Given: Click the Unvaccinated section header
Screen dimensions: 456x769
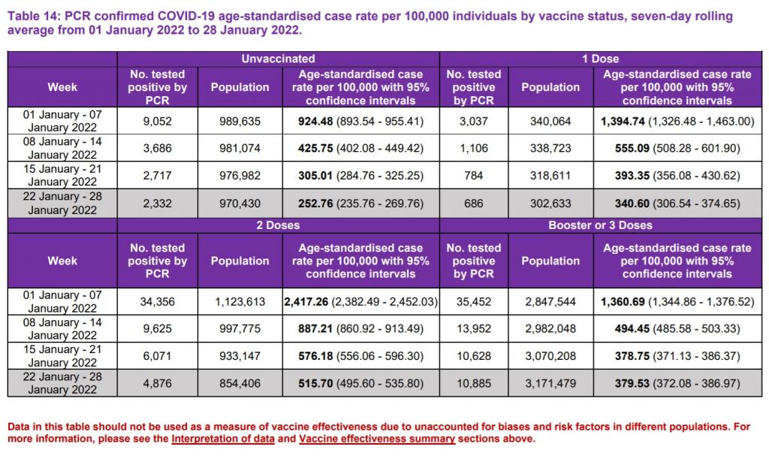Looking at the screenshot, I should tap(278, 59).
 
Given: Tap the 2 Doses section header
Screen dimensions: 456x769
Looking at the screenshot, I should tap(278, 225).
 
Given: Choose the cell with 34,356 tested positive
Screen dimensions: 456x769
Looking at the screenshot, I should tap(158, 302).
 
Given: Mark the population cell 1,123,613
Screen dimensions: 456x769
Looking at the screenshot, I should tap(240, 302).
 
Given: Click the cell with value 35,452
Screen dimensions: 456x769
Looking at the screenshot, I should tap(474, 302).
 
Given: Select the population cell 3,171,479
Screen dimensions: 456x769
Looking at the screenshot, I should tap(550, 383).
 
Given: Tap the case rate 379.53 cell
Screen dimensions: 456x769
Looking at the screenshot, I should tap(677, 383).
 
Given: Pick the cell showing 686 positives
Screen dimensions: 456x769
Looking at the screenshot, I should tap(474, 203).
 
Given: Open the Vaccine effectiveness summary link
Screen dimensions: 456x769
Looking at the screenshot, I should tap(377, 439).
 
